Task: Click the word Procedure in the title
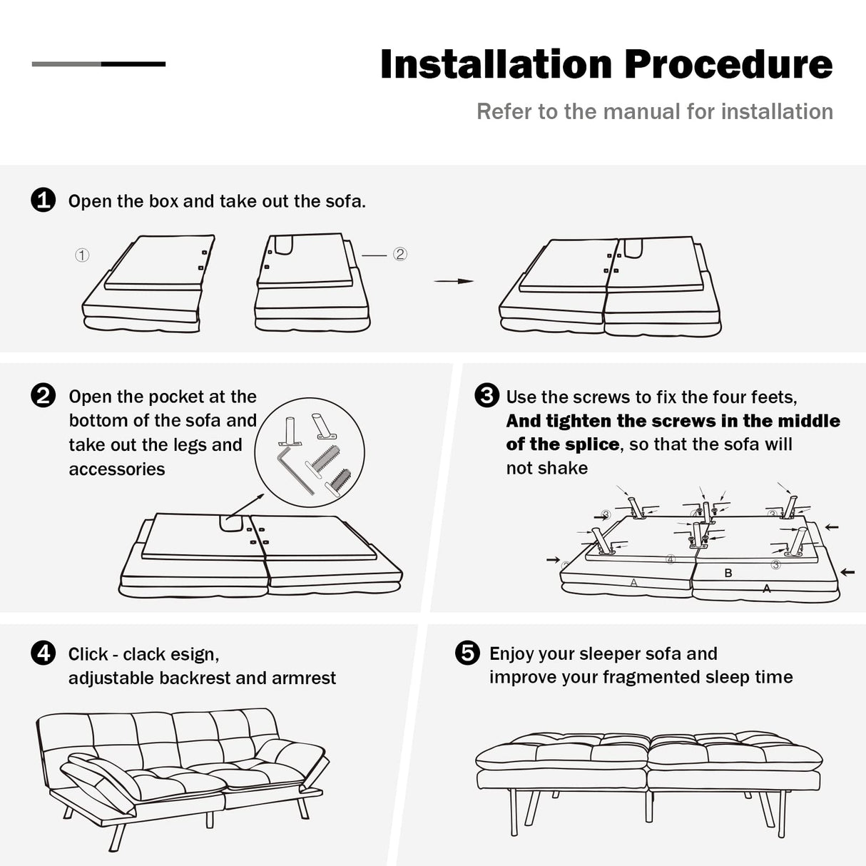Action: coord(728,64)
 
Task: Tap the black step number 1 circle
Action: coord(44,200)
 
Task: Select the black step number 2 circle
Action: coord(44,395)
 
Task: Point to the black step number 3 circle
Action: coord(487,395)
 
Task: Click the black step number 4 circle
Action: coord(44,653)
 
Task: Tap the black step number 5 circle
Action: coord(467,653)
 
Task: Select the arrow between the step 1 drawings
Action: coord(454,281)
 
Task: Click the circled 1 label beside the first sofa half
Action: coord(82,255)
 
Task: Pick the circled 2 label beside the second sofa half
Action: coord(400,254)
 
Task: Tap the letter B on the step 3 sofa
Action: coord(728,573)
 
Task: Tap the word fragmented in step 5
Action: coord(650,677)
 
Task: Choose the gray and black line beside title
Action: coord(98,64)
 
